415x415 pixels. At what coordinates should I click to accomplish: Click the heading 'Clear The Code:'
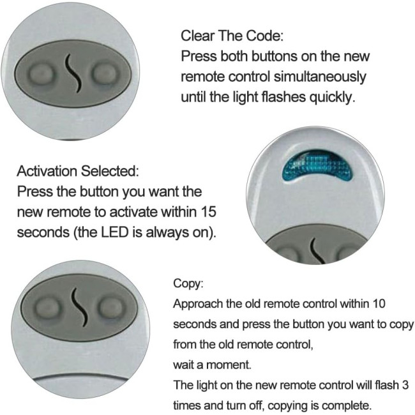coord(232,36)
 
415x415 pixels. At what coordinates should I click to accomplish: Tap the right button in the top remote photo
coord(104,73)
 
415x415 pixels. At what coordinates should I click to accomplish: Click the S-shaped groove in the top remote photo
coord(73,73)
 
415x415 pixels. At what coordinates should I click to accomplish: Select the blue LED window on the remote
coord(317,166)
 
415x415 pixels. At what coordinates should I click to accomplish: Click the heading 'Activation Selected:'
coord(78,171)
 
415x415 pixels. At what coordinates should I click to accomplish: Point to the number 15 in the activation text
coord(208,212)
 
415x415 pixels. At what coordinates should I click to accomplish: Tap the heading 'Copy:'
coord(188,283)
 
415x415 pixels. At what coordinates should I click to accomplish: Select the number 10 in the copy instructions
coord(377,303)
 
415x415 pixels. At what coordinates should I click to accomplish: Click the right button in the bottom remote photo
coord(111,308)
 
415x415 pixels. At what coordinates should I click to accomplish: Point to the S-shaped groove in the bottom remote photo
coord(79,307)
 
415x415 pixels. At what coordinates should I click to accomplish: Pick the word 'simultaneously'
coord(320,77)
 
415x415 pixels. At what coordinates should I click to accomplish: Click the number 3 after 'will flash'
coord(405,385)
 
